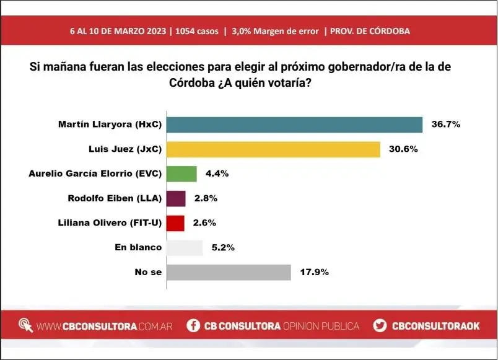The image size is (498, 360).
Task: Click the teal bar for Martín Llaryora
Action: pyautogui.click(x=295, y=125)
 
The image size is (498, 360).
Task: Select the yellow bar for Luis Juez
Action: pyautogui.click(x=273, y=149)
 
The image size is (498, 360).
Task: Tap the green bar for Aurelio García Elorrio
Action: pyautogui.click(x=181, y=173)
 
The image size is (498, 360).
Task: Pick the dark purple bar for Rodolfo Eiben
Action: pyautogui.click(x=176, y=198)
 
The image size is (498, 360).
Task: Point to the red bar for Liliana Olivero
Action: pyautogui.click(x=175, y=223)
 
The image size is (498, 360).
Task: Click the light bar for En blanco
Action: pyautogui.click(x=185, y=248)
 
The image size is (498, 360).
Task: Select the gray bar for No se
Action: pyautogui.click(x=229, y=273)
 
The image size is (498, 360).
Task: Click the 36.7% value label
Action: pyautogui.click(x=445, y=125)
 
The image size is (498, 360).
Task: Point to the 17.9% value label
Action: pyautogui.click(x=313, y=273)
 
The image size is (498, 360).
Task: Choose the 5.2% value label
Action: pyautogui.click(x=222, y=248)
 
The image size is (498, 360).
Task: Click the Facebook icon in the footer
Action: pyautogui.click(x=193, y=325)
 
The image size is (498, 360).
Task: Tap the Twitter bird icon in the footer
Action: pyautogui.click(x=380, y=325)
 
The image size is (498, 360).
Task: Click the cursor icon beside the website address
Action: pyautogui.click(x=26, y=325)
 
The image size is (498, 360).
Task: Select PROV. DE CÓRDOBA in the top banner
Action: pyautogui.click(x=370, y=31)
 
